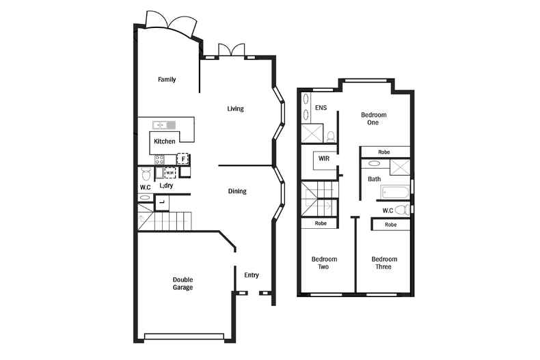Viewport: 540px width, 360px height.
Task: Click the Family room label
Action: (167, 80)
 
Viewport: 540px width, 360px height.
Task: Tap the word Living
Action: (235, 109)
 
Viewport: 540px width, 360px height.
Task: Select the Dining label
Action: (237, 191)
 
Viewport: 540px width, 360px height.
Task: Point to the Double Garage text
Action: (183, 283)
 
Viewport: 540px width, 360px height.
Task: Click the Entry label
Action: (252, 275)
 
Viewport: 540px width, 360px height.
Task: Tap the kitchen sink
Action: (164, 125)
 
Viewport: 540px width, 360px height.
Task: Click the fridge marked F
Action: (183, 159)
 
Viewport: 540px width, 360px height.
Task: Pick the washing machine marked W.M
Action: (170, 173)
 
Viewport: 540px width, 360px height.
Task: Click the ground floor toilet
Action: (145, 174)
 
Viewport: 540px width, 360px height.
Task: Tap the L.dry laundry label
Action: (165, 186)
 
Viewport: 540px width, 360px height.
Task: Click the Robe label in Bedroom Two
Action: (320, 223)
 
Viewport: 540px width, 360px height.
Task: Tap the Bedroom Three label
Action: (384, 263)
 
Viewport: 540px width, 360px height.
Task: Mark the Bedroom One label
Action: (373, 119)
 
